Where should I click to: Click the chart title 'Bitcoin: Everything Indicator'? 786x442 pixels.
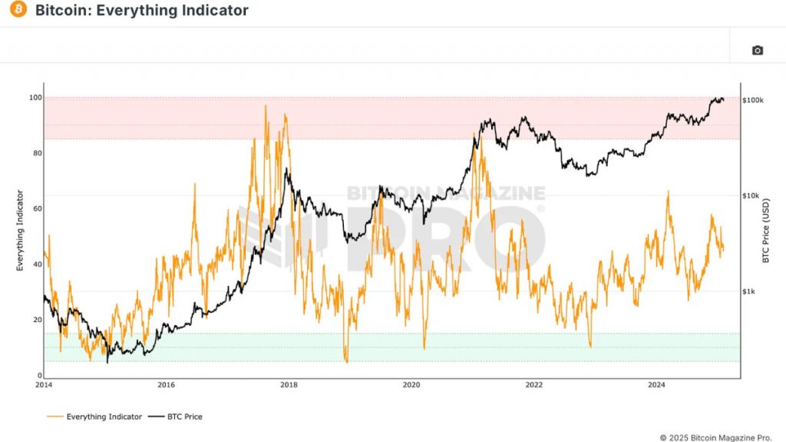142,11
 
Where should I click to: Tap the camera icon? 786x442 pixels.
757,51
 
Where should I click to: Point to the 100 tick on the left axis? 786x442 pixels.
35,98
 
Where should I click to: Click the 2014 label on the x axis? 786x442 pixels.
44,384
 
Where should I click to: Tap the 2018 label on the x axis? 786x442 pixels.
289,384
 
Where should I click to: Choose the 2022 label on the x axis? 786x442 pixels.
534,384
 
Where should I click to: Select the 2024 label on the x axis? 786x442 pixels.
656,384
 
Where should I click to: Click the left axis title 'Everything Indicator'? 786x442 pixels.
21,231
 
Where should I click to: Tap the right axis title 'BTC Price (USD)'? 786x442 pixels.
765,231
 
